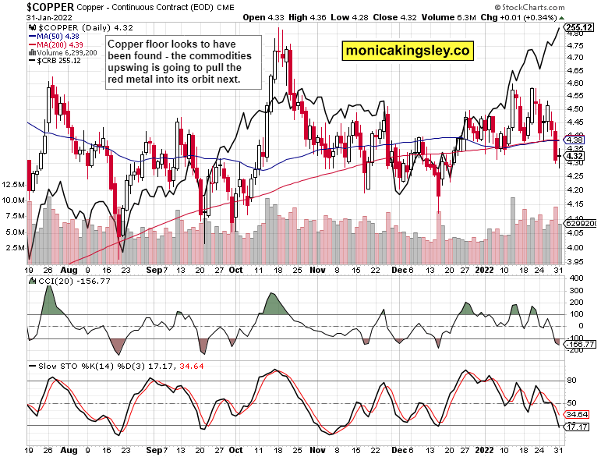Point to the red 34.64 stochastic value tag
576,414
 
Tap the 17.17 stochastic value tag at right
576,427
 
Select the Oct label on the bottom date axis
235,450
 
